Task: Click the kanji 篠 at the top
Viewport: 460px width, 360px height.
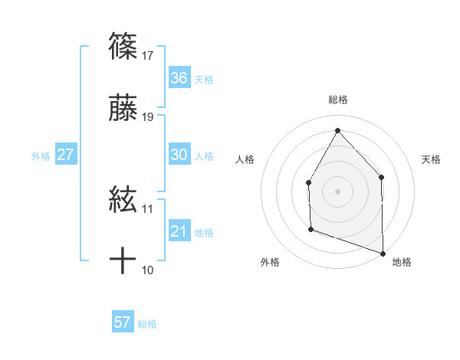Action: coord(123,46)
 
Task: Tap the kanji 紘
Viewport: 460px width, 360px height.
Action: coord(123,201)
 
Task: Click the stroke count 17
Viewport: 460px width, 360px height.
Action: coord(148,55)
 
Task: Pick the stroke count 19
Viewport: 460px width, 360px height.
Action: coord(148,117)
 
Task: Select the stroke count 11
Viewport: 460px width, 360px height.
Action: coord(148,208)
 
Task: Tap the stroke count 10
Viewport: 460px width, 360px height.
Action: coord(148,270)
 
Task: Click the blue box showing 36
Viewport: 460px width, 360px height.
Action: coord(179,78)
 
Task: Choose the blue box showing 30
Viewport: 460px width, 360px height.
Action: coord(179,155)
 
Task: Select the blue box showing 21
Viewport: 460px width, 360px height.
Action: coord(179,231)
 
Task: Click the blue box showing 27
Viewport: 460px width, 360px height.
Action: coord(65,155)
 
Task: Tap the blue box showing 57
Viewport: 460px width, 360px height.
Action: coord(123,322)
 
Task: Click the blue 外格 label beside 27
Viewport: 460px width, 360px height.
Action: coord(41,155)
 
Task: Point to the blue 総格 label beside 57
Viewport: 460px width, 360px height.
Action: coord(148,323)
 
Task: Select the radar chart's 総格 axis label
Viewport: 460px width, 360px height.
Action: coord(337,100)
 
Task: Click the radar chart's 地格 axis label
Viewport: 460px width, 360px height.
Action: coord(402,262)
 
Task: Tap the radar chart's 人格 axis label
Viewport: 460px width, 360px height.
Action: coord(245,159)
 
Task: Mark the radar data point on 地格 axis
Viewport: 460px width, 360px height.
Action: coord(383,252)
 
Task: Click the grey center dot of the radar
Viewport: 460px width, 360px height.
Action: coord(337,191)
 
